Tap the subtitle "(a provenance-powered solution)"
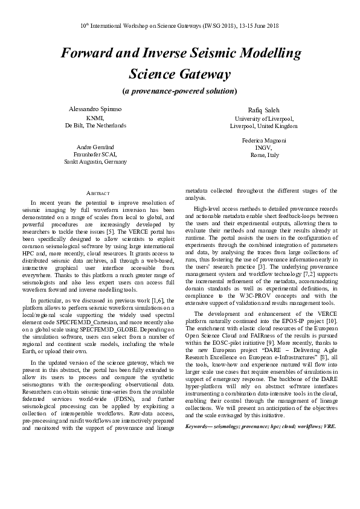(x=180, y=91)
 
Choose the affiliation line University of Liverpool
(x=263, y=119)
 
